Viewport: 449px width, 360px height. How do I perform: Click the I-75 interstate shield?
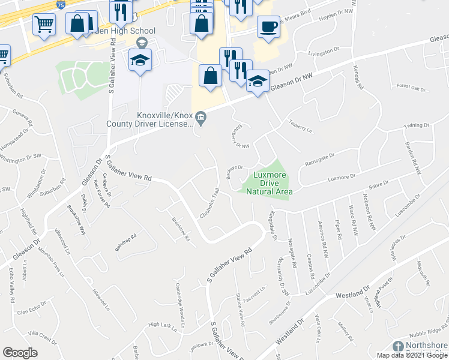point(61,4)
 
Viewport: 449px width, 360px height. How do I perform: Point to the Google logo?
point(20,353)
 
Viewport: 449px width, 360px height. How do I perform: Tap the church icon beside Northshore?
point(398,346)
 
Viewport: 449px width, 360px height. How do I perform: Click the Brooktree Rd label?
point(181,229)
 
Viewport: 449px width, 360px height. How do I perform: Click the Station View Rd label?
point(241,313)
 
